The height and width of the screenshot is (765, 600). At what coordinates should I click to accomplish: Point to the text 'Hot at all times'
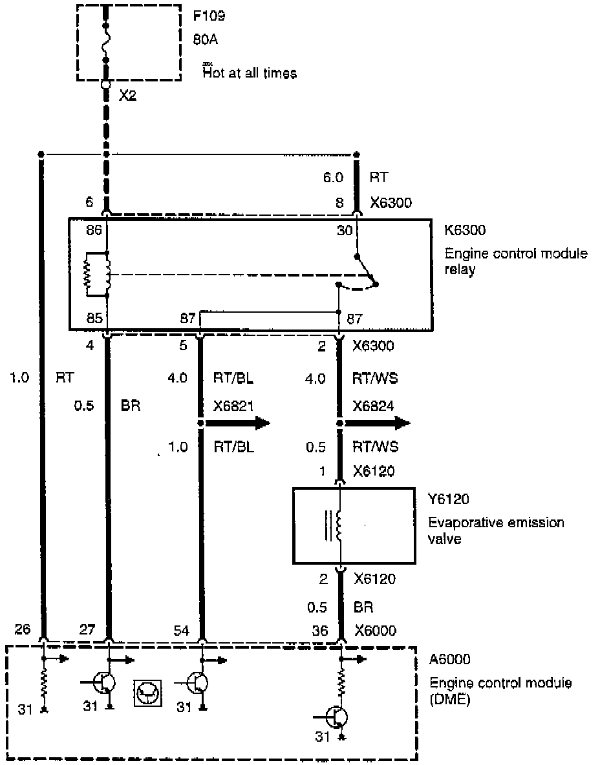[x=250, y=73]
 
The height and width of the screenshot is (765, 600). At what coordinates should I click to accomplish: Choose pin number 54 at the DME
[x=182, y=631]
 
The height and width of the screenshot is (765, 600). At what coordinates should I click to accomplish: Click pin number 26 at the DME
[x=22, y=631]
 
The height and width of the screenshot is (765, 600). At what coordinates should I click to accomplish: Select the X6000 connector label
[x=375, y=631]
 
